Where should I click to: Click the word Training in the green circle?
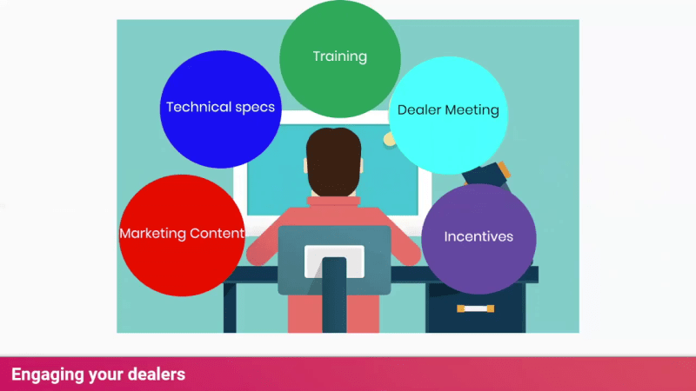[x=340, y=56]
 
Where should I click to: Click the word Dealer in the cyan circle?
[x=419, y=110]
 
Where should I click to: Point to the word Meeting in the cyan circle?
[x=472, y=110]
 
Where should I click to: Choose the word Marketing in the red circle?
[x=153, y=234]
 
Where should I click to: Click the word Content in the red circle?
[x=217, y=233]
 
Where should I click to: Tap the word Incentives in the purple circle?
[x=478, y=236]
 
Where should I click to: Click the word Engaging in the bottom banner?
[x=48, y=375]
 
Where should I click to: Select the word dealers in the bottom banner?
[x=157, y=374]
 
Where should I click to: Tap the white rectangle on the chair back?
[x=334, y=262]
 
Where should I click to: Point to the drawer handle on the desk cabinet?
[x=475, y=308]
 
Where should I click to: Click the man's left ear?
[x=305, y=165]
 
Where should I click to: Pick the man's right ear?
[x=362, y=165]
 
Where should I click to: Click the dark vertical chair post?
[x=334, y=295]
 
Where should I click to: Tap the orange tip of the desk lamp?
[x=504, y=169]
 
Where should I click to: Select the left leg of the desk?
[x=230, y=307]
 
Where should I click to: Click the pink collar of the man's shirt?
[x=333, y=201]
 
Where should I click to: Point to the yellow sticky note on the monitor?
[x=389, y=139]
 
